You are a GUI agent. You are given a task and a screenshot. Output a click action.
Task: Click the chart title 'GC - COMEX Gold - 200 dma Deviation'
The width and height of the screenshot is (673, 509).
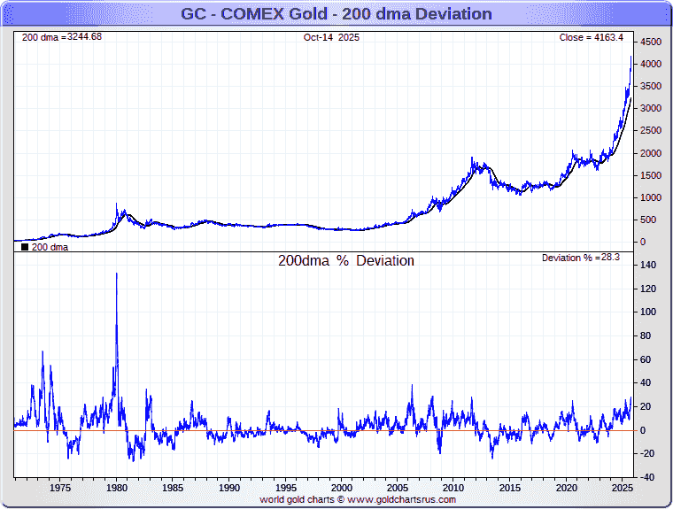pyautogui.click(x=336, y=14)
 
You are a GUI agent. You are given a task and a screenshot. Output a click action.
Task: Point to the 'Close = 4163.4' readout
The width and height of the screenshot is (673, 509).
pyautogui.click(x=591, y=37)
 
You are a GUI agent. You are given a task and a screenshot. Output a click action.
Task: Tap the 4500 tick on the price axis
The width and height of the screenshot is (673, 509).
pyautogui.click(x=651, y=42)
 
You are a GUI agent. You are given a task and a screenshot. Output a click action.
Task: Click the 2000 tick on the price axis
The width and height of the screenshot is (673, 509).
pyautogui.click(x=651, y=153)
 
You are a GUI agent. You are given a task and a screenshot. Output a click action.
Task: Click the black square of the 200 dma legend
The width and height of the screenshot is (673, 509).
pyautogui.click(x=24, y=247)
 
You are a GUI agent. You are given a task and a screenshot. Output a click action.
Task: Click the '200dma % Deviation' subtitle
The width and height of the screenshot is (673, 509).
pyautogui.click(x=346, y=261)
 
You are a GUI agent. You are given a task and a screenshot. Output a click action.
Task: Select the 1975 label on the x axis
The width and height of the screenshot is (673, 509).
pyautogui.click(x=60, y=488)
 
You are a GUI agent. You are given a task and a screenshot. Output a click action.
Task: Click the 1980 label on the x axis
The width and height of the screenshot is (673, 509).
pyautogui.click(x=117, y=488)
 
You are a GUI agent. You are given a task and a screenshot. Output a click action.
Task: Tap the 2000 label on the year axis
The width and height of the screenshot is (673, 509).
pyautogui.click(x=342, y=488)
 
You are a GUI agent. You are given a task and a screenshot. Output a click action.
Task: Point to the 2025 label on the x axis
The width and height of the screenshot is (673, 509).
pyautogui.click(x=622, y=488)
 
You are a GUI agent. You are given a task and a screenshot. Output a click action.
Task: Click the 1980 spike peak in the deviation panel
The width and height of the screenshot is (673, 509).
pyautogui.click(x=116, y=274)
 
